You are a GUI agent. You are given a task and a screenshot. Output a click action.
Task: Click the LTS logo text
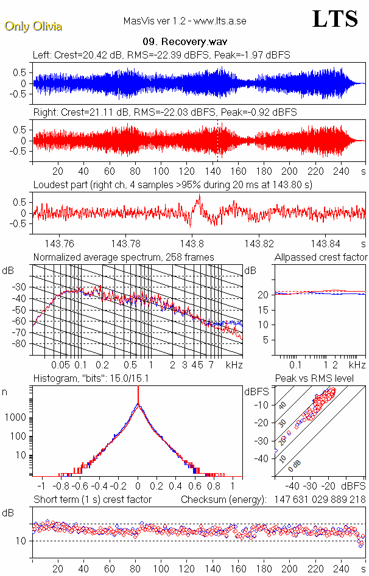(335, 19)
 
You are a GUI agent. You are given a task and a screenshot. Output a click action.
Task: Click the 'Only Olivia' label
(33, 26)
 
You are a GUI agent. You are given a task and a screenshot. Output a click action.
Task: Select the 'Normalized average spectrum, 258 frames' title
(124, 258)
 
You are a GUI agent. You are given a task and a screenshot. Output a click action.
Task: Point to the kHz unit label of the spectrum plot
(234, 365)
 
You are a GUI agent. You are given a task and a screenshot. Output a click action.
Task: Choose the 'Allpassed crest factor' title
(321, 258)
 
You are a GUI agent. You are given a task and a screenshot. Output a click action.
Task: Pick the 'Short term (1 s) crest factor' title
(93, 500)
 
